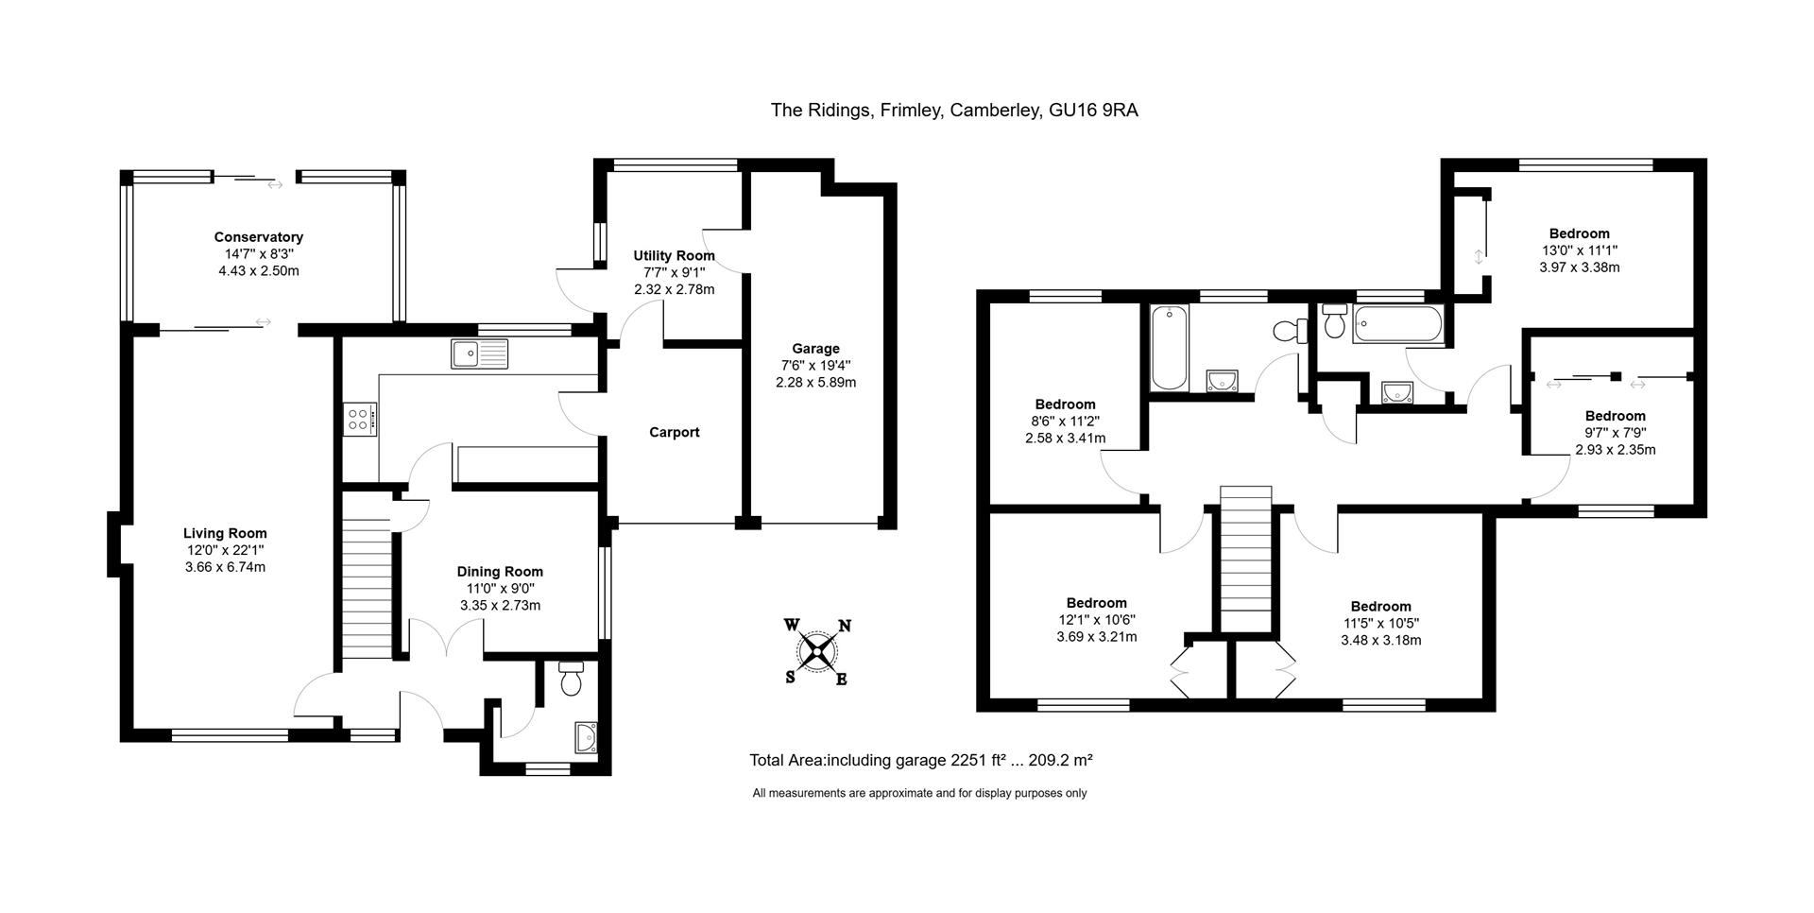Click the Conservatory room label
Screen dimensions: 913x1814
tap(258, 237)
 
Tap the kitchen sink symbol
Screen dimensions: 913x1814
tap(479, 353)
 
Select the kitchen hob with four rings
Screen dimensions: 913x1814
tap(360, 419)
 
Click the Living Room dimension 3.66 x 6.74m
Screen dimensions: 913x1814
tap(225, 567)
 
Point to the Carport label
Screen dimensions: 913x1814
tap(674, 432)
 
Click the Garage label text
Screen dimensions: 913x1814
tap(815, 349)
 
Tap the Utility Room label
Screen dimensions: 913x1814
tap(674, 256)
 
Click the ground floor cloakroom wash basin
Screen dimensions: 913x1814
tap(586, 736)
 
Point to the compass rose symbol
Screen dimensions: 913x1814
tap(817, 651)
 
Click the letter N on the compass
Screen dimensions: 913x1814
tap(846, 626)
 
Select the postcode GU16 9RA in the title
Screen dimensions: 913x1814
tap(1093, 111)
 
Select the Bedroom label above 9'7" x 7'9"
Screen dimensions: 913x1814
tap(1615, 416)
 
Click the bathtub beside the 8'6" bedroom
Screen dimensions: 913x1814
tap(1169, 347)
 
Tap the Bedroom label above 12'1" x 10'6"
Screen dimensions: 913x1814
tap(1096, 603)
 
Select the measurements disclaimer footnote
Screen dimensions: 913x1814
tap(918, 793)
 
